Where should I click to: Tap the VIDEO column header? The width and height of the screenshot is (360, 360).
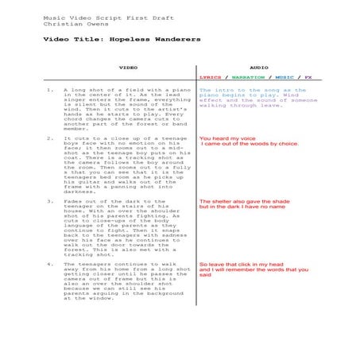[x=128, y=68]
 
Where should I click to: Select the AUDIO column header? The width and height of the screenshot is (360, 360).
[x=259, y=68]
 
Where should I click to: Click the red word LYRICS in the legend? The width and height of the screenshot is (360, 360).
[x=211, y=78]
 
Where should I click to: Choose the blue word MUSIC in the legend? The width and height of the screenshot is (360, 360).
[x=284, y=78]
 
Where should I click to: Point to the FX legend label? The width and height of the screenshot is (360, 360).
[x=308, y=78]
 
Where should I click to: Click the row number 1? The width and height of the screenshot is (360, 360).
[x=50, y=91]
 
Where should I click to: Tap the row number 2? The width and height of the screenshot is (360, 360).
[x=50, y=138]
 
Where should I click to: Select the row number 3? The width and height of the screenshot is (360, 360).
[x=50, y=201]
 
